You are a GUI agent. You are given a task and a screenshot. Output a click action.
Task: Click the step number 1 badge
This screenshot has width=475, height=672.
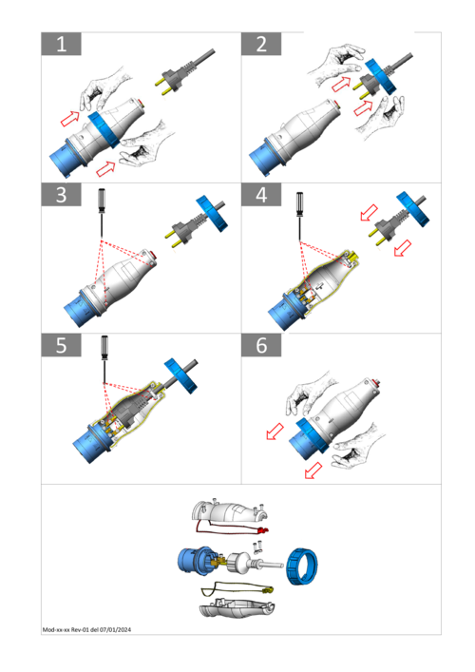61,44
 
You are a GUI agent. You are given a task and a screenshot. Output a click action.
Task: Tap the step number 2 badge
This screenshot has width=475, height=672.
261,44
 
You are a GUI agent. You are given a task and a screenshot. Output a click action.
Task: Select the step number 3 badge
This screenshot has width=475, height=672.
61,195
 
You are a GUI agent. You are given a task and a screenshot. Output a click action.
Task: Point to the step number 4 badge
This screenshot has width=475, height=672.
261,195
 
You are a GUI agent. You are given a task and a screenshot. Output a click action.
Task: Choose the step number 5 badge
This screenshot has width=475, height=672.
61,345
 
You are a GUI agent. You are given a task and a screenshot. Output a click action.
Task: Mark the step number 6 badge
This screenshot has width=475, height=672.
261,345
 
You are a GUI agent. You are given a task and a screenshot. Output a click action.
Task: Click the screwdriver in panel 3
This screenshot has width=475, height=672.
102,212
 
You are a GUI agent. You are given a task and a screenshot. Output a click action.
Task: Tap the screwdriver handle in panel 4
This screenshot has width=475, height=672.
299,202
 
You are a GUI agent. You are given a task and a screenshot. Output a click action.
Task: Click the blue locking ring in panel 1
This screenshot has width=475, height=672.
104,129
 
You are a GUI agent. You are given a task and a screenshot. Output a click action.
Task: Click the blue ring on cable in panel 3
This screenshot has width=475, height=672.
212,214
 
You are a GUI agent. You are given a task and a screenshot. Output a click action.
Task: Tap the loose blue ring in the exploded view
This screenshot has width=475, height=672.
302,566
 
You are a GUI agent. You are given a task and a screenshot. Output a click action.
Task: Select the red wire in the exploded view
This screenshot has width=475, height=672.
231,528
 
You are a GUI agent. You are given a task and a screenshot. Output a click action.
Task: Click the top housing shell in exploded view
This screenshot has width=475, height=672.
230,512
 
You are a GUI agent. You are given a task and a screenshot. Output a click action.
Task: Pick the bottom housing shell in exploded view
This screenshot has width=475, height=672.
237,607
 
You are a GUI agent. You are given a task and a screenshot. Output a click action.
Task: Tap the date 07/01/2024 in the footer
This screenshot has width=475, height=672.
115,629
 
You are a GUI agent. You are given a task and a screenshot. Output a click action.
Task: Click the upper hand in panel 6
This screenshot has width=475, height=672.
308,392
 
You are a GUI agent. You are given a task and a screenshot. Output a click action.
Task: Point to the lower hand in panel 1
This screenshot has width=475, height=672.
143,145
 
